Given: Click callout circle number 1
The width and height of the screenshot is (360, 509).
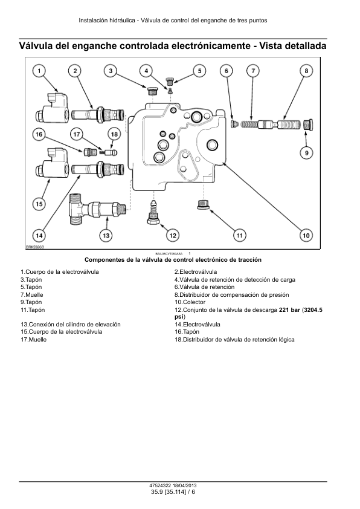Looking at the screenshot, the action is click(x=39, y=71).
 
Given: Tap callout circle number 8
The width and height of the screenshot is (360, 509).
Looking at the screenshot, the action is click(x=306, y=71).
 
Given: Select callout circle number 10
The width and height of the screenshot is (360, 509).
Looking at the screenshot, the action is click(x=306, y=235).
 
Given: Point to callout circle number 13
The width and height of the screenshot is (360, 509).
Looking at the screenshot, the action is click(x=106, y=235).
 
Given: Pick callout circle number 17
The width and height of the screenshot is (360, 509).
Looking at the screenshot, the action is click(x=77, y=134).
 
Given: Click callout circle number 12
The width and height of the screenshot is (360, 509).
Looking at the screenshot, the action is click(x=173, y=235).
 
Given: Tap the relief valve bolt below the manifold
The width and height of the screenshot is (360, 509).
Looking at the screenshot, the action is click(x=153, y=212).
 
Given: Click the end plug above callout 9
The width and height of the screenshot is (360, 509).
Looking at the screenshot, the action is click(x=307, y=125).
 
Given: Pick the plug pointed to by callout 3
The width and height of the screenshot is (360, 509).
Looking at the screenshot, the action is click(x=151, y=91).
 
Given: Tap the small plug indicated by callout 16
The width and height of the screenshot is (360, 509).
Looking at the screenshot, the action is click(x=88, y=151).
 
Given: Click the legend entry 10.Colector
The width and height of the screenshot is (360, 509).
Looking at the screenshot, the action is click(x=190, y=302).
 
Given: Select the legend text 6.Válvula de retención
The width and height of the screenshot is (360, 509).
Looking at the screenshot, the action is click(x=204, y=287).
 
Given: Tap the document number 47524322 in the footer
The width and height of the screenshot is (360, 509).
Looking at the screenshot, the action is click(x=160, y=485).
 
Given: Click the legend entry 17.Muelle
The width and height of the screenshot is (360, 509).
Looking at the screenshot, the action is click(x=33, y=340).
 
